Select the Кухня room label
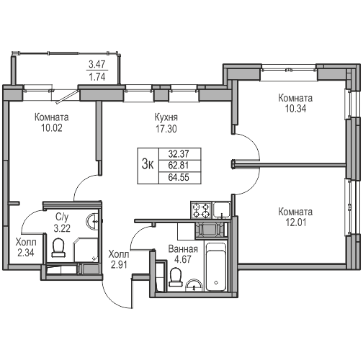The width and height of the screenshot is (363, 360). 166,117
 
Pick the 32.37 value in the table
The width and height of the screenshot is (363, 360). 179,153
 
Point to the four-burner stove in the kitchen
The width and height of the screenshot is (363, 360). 200,210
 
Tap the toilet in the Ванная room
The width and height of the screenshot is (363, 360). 175,276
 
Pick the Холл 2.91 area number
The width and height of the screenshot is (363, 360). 118,265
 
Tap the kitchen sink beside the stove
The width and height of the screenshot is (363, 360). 223,210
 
